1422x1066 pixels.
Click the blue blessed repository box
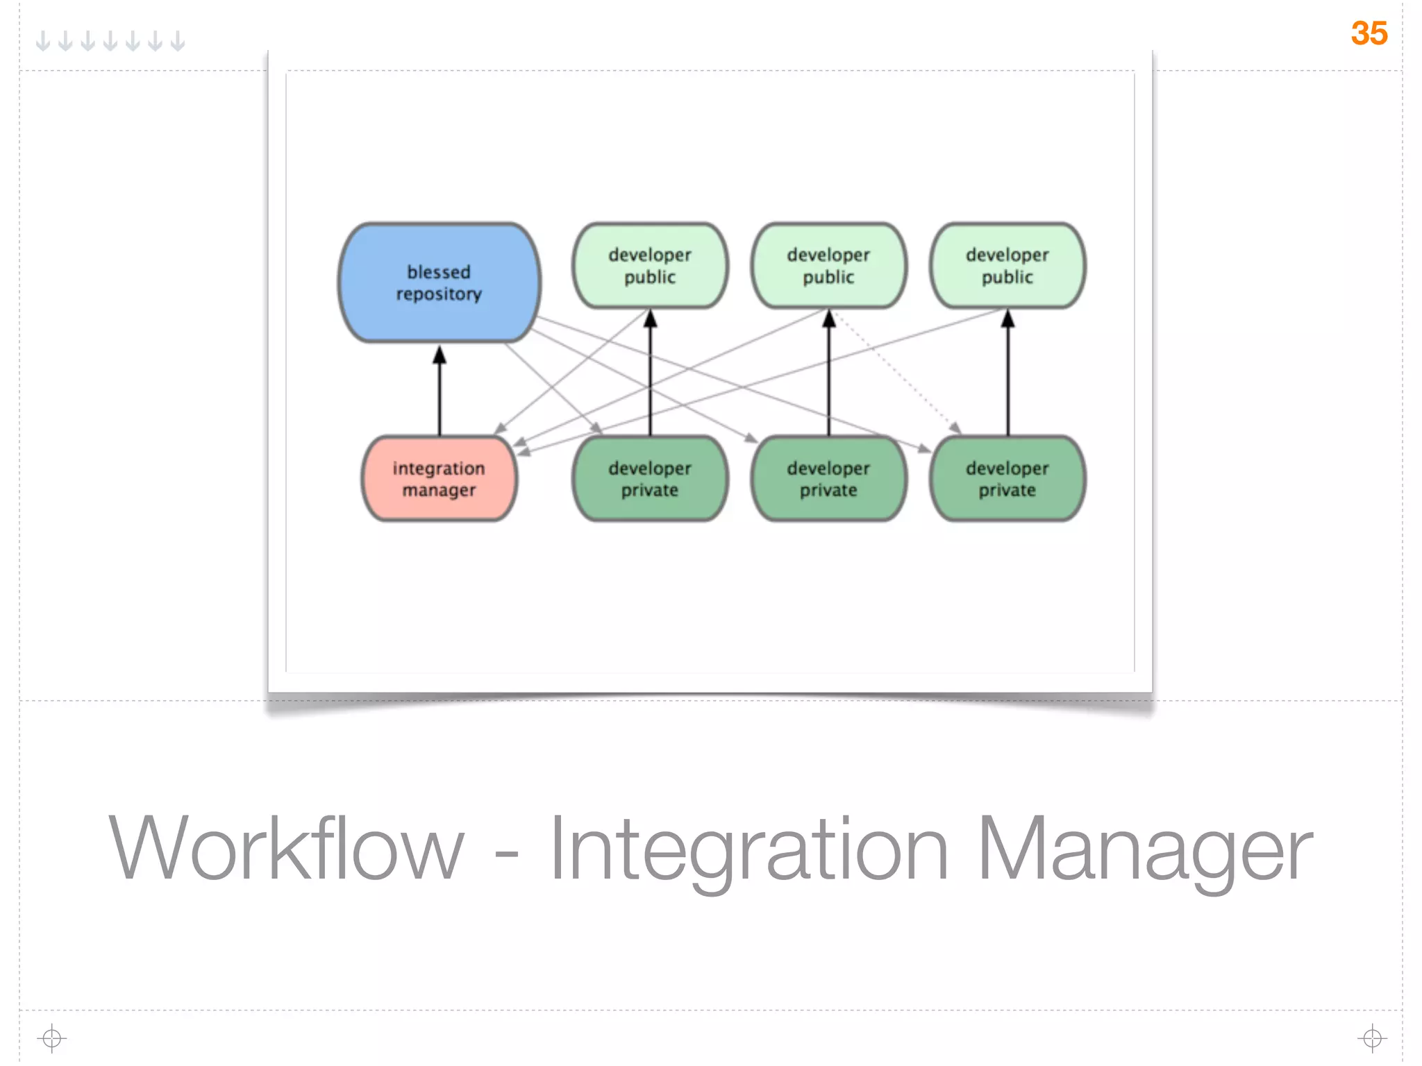point(439,282)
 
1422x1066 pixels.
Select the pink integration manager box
point(439,479)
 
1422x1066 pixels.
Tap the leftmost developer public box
point(650,266)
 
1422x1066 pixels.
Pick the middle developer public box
point(828,266)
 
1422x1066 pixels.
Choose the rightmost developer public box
point(1007,266)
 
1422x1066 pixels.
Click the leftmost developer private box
point(650,479)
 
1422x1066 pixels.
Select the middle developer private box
point(828,479)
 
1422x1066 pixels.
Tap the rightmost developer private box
point(1007,479)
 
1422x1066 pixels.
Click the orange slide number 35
point(1369,33)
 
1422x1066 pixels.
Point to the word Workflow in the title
point(286,848)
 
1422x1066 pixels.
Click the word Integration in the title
point(748,848)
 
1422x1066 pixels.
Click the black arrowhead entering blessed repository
point(440,355)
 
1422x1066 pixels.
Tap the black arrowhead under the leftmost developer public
point(650,319)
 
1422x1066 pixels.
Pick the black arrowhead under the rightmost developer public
point(1008,319)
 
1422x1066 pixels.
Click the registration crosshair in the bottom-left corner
point(51,1038)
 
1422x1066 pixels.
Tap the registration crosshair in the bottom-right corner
point(1372,1038)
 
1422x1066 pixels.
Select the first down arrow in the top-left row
point(43,41)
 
